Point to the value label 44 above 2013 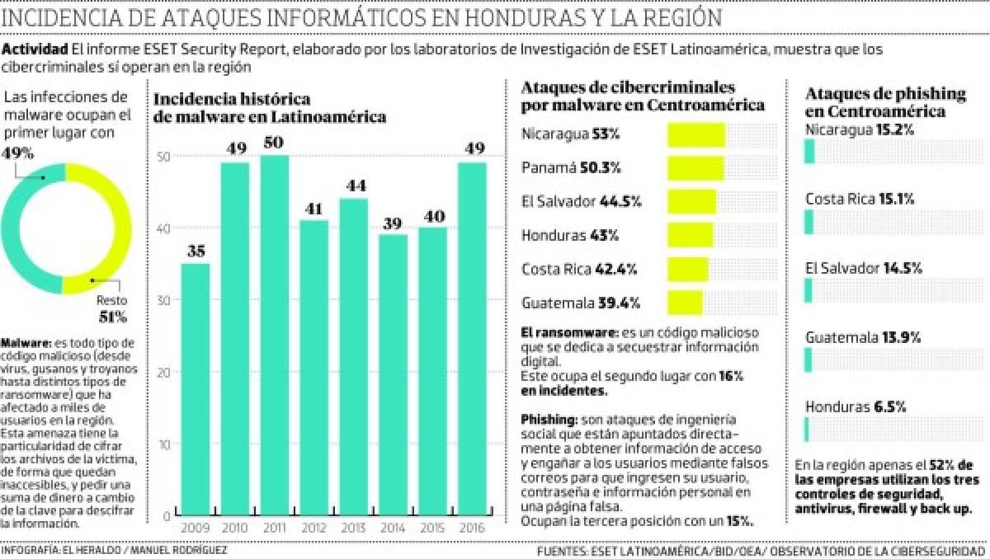[352, 186]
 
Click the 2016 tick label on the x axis [472, 527]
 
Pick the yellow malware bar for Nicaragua [695, 135]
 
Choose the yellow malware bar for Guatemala [685, 303]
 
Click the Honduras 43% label [570, 236]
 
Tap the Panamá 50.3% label [571, 168]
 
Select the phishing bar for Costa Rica [809, 220]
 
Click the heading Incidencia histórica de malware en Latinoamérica [270, 108]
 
